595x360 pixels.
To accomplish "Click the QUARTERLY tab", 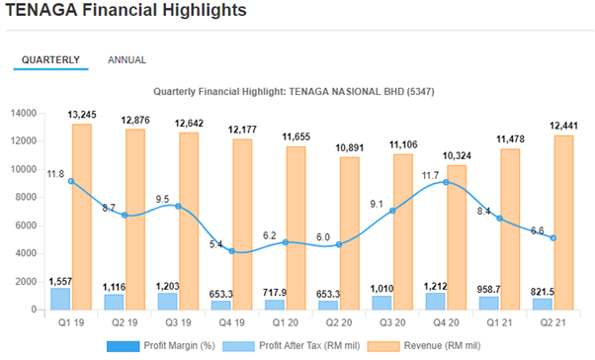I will (x=50, y=60).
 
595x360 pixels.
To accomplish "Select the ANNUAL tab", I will (x=127, y=60).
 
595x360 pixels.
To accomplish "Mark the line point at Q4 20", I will (x=447, y=182).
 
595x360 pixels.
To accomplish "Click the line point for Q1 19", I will (x=71, y=181).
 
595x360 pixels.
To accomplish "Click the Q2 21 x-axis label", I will (x=553, y=322).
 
